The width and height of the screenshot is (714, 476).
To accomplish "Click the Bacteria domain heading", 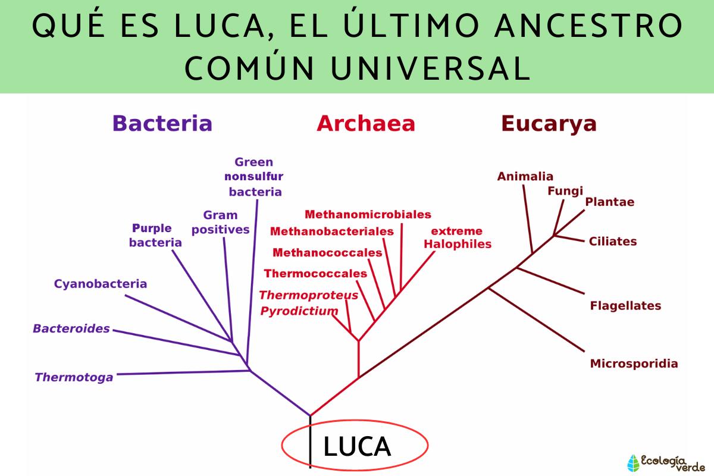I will click(x=162, y=123).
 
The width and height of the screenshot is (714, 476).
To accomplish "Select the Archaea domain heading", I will click(x=365, y=123).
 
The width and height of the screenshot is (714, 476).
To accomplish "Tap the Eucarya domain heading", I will click(x=549, y=123).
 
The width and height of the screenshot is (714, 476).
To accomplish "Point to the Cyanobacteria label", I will click(x=101, y=284).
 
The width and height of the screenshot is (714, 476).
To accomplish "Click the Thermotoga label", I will click(x=74, y=377).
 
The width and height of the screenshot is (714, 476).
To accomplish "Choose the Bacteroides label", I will click(x=71, y=328).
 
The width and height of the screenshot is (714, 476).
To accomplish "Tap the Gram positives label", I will click(x=220, y=222).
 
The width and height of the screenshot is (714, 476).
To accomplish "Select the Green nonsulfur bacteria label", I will click(x=255, y=177).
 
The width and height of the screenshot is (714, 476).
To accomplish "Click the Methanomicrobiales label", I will click(x=368, y=214).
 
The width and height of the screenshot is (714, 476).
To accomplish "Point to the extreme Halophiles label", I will click(x=457, y=237).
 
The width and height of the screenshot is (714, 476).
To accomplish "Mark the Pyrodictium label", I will click(x=299, y=311).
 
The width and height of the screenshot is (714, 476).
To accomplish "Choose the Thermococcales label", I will click(x=315, y=274).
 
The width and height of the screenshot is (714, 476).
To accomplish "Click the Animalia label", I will click(x=525, y=176).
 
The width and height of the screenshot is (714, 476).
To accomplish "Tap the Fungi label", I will click(x=565, y=191).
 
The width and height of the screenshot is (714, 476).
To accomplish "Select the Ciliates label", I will click(x=613, y=242).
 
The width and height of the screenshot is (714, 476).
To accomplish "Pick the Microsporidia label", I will click(x=634, y=364).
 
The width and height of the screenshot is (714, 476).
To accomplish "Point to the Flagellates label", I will click(x=625, y=306).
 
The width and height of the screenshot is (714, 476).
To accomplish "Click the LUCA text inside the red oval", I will click(x=357, y=447).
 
